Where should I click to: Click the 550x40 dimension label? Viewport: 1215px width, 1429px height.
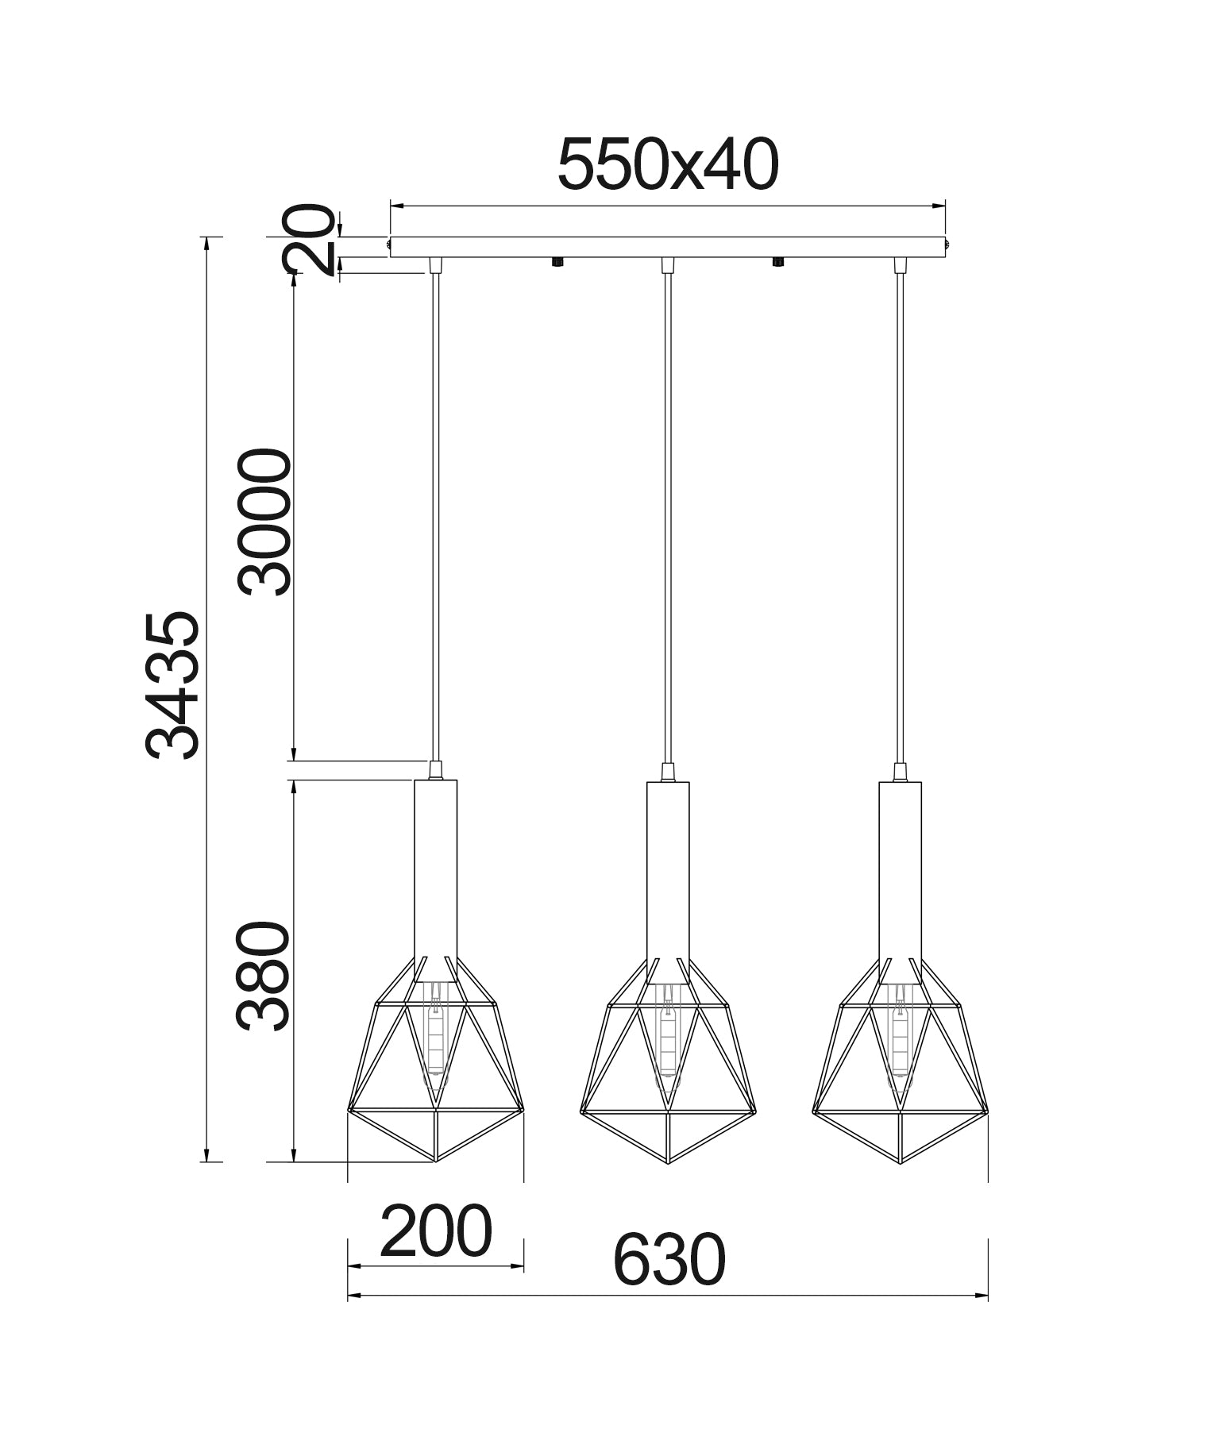point(668,165)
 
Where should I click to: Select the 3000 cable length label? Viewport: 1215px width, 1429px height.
point(264,521)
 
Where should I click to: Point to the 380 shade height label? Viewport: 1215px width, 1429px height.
point(264,976)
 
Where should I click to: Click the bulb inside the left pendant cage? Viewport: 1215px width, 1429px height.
point(435,1033)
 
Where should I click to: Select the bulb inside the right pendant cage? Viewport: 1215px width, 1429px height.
point(900,1033)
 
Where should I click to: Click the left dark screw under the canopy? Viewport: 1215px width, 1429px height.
point(557,262)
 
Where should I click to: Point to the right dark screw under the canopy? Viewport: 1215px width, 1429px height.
point(778,262)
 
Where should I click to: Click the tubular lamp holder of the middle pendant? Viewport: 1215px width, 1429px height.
point(668,869)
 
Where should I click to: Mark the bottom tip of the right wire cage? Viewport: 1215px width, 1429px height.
point(900,1162)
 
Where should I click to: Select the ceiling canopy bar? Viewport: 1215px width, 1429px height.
point(668,247)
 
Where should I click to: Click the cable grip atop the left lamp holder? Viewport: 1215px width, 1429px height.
point(435,769)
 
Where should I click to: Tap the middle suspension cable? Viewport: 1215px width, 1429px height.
point(668,516)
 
